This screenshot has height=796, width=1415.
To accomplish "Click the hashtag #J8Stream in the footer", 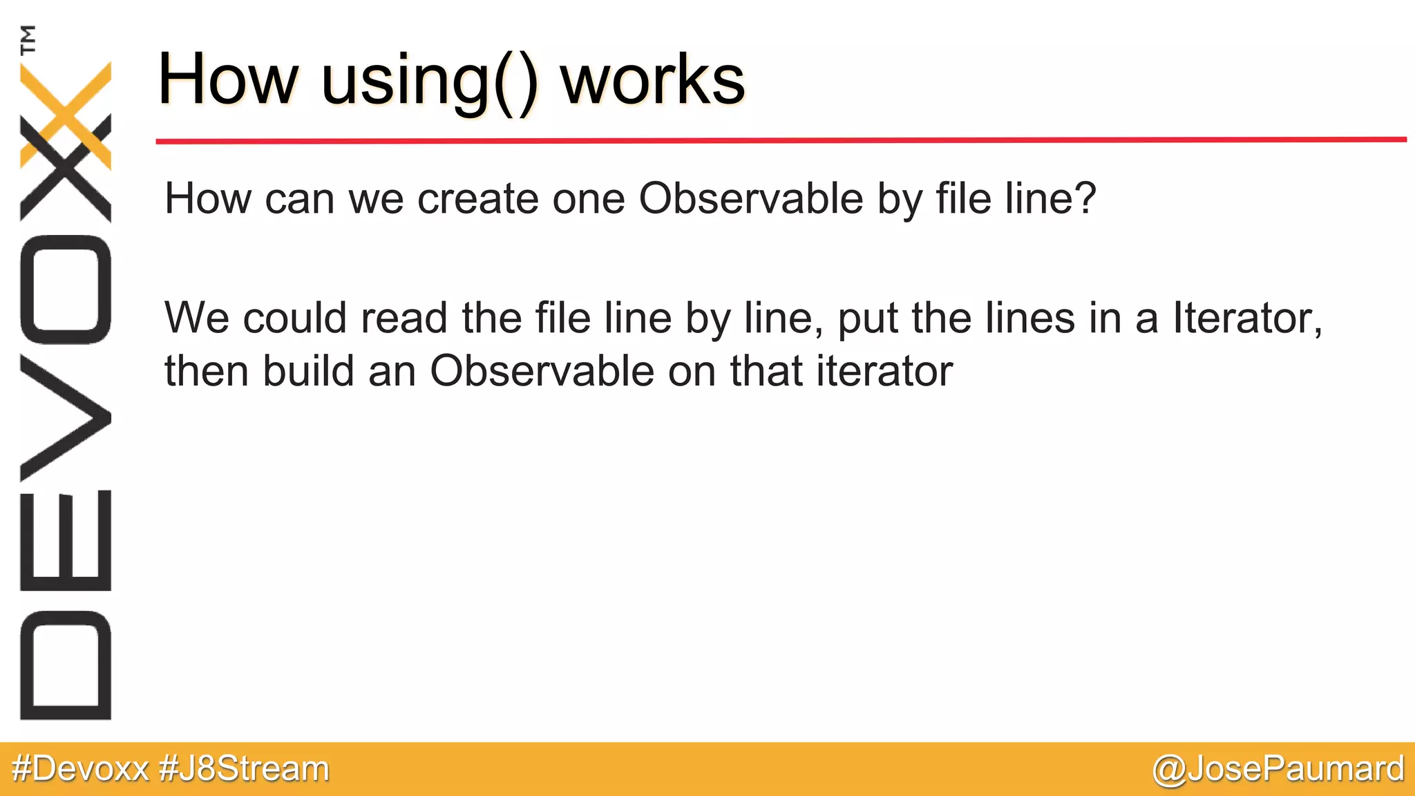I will click(x=244, y=768).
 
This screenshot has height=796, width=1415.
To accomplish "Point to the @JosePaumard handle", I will click(x=1278, y=768).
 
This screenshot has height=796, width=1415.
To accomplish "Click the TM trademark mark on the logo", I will click(x=28, y=39).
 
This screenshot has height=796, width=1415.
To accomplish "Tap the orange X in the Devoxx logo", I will click(x=66, y=114).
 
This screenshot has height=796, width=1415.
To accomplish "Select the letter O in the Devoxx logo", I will click(x=66, y=290).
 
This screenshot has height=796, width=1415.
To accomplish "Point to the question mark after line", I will click(x=1085, y=198).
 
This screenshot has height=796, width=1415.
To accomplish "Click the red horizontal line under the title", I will click(x=781, y=140).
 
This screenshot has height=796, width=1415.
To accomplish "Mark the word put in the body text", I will click(x=868, y=319).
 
